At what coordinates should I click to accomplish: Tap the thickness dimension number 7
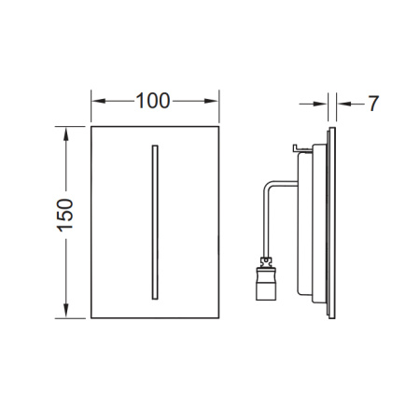pos(372,103)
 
